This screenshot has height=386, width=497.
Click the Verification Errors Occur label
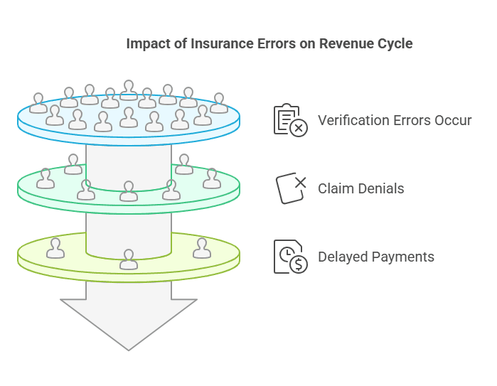[x=395, y=120]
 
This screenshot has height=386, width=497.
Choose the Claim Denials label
[x=361, y=188]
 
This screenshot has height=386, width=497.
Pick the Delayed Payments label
[x=376, y=257]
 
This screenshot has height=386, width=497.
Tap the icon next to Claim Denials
[x=291, y=188]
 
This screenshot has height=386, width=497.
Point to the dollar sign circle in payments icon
[x=299, y=264]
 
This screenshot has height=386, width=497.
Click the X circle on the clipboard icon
[x=299, y=129]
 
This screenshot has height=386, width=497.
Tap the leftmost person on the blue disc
[x=38, y=104]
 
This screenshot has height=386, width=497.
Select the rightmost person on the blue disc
[x=219, y=104]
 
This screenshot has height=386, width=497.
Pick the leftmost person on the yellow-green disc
[x=55, y=249]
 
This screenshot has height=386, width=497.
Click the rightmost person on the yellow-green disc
[x=203, y=249]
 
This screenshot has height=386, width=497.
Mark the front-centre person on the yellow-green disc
[x=129, y=260]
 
